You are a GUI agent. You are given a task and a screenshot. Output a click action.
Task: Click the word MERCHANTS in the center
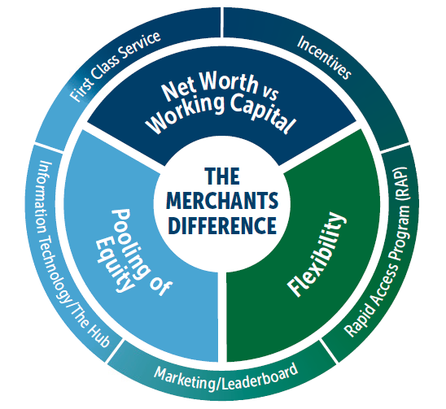coord(222,201)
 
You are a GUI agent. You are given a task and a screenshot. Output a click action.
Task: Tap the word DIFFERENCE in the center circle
coord(222,225)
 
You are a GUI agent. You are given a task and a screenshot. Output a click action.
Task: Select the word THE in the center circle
coord(222,176)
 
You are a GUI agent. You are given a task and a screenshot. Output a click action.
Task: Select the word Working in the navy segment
coord(186,115)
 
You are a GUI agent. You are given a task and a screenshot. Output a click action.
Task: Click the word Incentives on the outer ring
coord(324,57)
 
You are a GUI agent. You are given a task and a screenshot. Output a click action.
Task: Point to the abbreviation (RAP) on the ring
coord(400,184)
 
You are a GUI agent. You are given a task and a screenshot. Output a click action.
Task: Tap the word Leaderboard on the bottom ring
coord(260,377)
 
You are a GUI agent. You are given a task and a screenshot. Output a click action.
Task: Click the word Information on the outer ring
coord(42,197)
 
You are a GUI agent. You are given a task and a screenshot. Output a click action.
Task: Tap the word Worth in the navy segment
coord(229,81)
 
